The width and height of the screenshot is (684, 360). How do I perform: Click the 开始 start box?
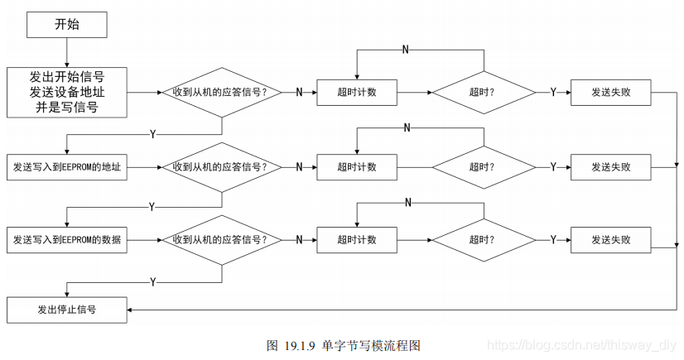pos(66,25)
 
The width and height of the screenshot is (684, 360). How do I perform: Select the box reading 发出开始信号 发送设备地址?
pos(66,92)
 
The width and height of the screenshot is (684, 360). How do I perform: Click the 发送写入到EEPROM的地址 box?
pos(66,167)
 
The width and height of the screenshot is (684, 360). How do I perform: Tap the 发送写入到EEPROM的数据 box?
pos(66,240)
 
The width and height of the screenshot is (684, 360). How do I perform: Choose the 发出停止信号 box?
pos(66,310)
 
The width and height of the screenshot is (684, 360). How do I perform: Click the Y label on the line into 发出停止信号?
pos(153,282)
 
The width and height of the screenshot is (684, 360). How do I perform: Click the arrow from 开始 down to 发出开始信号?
pos(66,53)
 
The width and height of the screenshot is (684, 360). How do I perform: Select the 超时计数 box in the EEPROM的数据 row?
pos(357,240)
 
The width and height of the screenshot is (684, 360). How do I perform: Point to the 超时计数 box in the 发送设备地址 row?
pos(357,92)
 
